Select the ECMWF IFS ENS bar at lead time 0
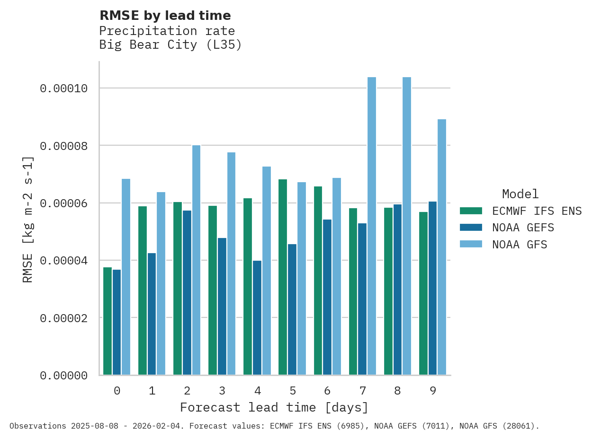pyautogui.click(x=108, y=321)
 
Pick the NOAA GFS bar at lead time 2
pyautogui.click(x=196, y=260)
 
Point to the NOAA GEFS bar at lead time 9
pyautogui.click(x=432, y=288)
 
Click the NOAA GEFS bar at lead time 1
pyautogui.click(x=152, y=314)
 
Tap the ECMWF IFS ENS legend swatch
pyautogui.click(x=471, y=211)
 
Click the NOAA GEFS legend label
pyautogui.click(x=523, y=228)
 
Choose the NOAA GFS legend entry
pyautogui.click(x=520, y=245)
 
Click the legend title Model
pyautogui.click(x=520, y=194)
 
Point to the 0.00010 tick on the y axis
pyautogui.click(x=63, y=88)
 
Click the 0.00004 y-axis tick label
pyautogui.click(x=63, y=261)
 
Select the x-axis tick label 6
pyautogui.click(x=327, y=391)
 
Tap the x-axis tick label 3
pyautogui.click(x=222, y=391)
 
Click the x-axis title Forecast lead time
pyautogui.click(x=274, y=407)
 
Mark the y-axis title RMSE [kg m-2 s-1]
pyautogui.click(x=28, y=219)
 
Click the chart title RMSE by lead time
pyautogui.click(x=165, y=16)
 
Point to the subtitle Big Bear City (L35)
pyautogui.click(x=170, y=45)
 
